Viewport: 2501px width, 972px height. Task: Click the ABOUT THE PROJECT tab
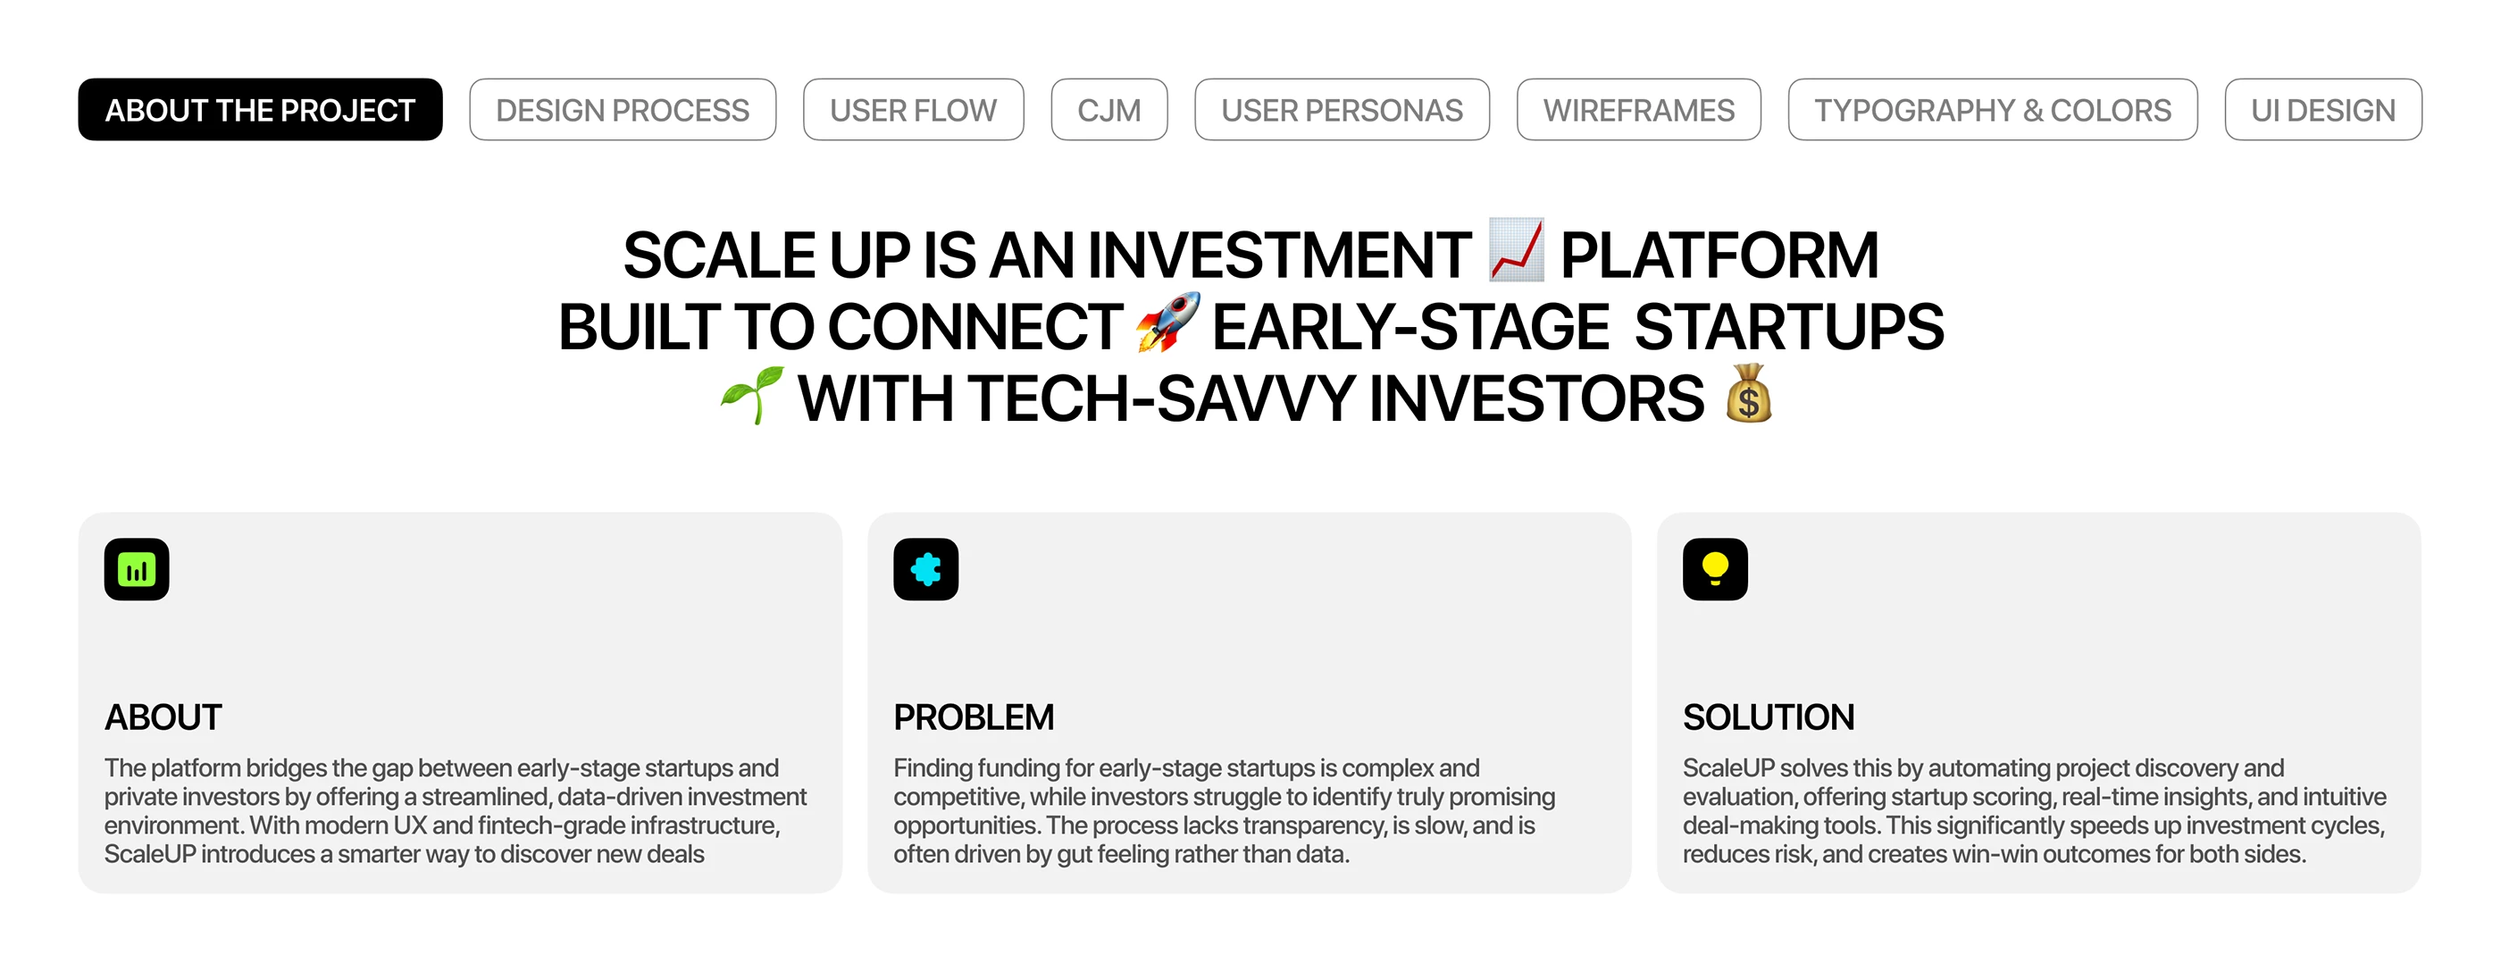260,110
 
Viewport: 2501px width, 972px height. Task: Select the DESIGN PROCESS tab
623,110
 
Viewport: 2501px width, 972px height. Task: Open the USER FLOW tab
913,110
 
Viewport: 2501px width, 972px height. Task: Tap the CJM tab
1108,110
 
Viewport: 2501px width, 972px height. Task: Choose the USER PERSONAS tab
1342,110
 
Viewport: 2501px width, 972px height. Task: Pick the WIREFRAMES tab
1639,110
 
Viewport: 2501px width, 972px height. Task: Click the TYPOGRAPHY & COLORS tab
1992,110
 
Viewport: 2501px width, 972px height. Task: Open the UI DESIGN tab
2323,110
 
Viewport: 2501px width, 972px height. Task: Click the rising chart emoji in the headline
1516,250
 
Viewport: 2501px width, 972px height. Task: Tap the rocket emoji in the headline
1168,323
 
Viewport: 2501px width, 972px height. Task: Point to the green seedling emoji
752,394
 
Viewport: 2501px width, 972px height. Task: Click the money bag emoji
1749,393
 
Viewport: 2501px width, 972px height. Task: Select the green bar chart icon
137,569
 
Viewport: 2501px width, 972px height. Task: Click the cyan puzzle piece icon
926,569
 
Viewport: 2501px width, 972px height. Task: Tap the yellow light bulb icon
1716,569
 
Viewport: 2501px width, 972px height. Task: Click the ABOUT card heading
163,717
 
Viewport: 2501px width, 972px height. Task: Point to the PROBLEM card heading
974,717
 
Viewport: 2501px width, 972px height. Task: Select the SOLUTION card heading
1769,717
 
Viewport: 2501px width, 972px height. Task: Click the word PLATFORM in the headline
1719,256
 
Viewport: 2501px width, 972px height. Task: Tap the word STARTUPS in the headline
1789,327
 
